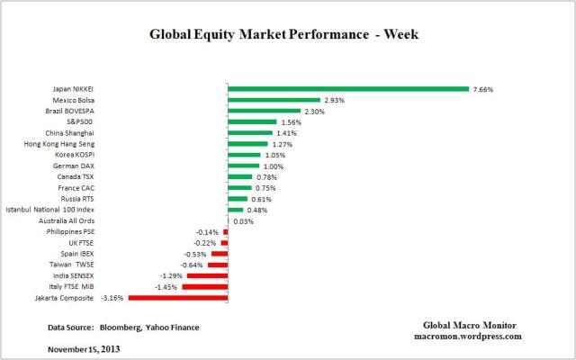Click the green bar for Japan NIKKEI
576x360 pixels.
348,89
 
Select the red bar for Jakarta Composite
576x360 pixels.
178,297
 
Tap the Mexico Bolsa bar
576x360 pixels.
274,100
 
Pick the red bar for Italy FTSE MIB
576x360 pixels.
205,286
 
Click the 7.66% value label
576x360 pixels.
483,89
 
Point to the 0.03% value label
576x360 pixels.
242,220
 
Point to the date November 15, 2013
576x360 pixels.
84,347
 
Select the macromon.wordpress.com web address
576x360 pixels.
472,336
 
